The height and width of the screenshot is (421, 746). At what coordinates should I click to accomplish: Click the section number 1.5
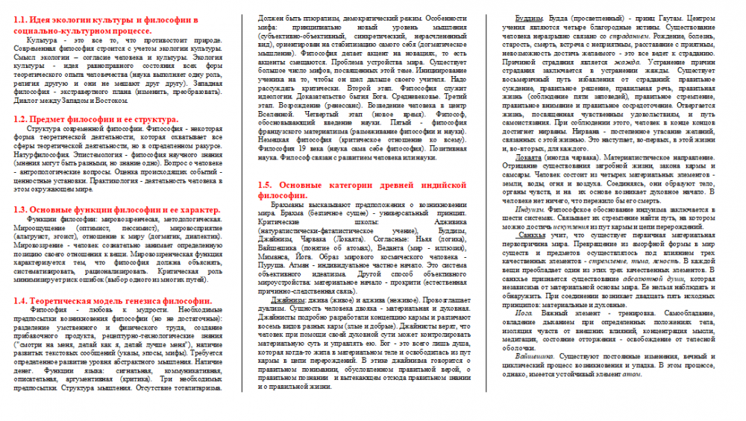pyautogui.click(x=266, y=184)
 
